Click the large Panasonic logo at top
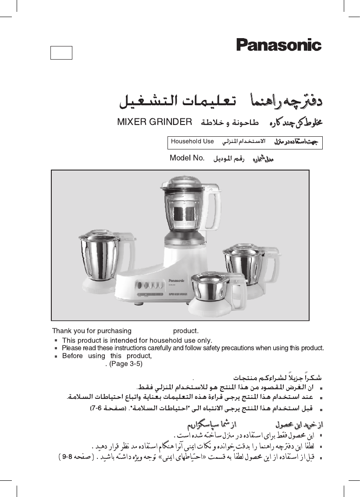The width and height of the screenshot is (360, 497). (x=279, y=45)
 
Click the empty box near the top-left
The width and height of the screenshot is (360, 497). (x=61, y=52)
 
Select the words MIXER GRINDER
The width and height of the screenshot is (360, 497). (x=155, y=122)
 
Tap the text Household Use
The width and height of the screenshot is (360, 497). (x=192, y=142)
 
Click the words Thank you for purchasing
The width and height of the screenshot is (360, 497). (x=92, y=330)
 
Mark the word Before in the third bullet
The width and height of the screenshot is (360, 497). (x=72, y=355)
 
